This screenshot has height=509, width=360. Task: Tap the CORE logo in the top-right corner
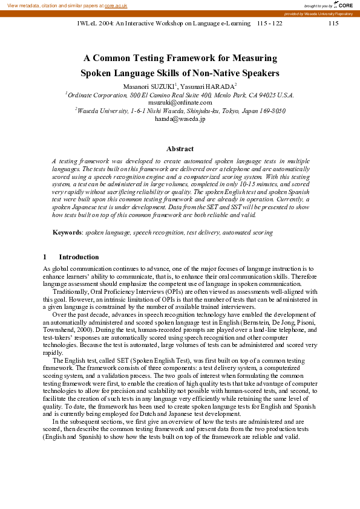pos(344,5)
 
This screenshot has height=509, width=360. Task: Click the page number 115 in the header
pos(333,23)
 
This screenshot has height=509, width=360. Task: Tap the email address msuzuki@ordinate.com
pos(180,103)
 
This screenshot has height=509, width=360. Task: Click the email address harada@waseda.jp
pos(180,119)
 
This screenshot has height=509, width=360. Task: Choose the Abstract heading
pos(180,149)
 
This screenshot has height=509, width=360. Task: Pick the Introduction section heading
pos(79,257)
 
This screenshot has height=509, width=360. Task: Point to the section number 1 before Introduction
pos(45,257)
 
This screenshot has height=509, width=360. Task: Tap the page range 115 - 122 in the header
pos(269,23)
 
